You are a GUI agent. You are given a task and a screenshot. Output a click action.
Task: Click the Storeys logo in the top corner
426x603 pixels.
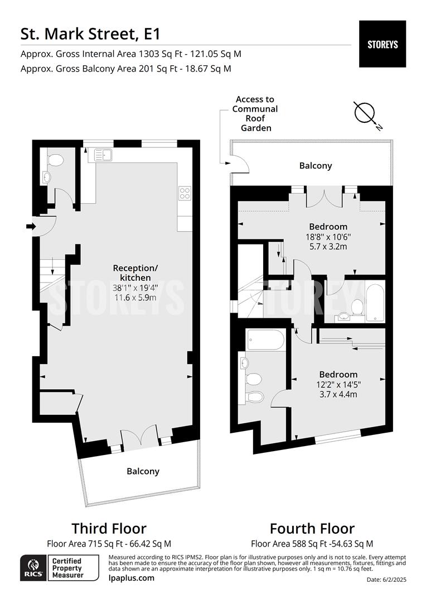[x=383, y=44]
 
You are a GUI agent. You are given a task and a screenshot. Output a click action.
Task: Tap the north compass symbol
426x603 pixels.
[x=366, y=114]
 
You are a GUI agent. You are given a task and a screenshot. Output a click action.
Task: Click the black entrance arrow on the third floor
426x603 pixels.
[x=31, y=226]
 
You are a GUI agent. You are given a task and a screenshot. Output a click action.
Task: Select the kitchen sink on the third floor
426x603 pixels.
[x=101, y=154]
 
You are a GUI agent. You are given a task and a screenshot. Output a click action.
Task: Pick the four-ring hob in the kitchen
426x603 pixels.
[x=185, y=193]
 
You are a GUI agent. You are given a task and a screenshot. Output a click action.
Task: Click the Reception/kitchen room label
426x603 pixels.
[x=135, y=272]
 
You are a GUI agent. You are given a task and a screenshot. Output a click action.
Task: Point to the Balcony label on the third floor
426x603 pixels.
[x=143, y=471]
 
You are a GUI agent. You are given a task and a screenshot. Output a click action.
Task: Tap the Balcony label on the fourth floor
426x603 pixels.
[x=316, y=166]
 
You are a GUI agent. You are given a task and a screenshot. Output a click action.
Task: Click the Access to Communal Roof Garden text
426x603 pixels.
[x=255, y=113]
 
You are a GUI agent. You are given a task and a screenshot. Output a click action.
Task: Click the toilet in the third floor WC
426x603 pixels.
[x=56, y=160]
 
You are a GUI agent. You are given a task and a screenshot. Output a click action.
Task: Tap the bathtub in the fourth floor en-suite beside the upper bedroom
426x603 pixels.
[x=374, y=304]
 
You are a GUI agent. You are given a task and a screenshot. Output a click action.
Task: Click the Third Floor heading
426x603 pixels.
[x=109, y=528]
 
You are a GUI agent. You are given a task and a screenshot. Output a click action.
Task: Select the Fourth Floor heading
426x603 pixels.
[x=312, y=528]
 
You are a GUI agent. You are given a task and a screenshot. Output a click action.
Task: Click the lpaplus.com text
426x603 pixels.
[x=131, y=578]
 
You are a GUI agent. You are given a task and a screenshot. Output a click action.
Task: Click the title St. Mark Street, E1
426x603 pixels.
[x=90, y=33]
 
